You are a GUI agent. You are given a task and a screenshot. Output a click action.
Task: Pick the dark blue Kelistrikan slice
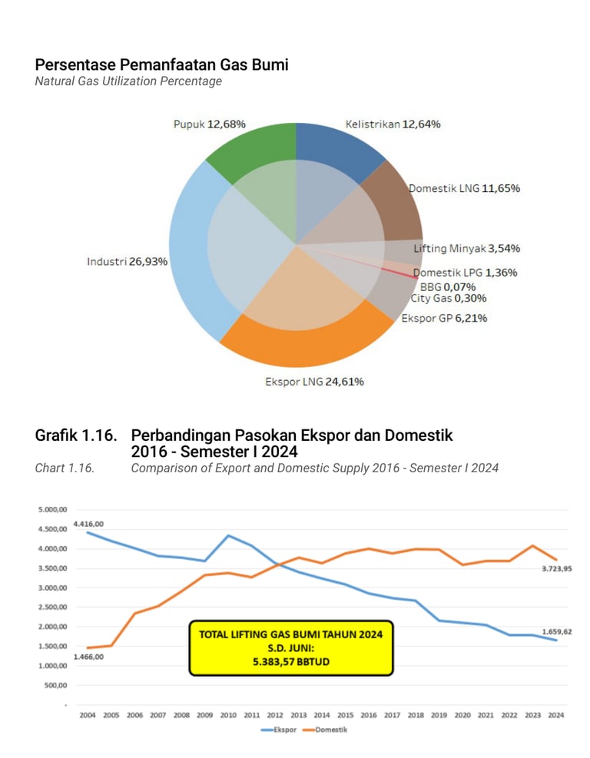(x=338, y=146)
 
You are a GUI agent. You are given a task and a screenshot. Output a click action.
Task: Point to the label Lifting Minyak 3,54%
(x=467, y=248)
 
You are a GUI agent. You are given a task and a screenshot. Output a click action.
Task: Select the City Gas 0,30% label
(x=448, y=298)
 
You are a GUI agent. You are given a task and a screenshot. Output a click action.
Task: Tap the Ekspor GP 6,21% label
(x=443, y=318)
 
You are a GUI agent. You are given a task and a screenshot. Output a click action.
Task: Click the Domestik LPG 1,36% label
(x=465, y=273)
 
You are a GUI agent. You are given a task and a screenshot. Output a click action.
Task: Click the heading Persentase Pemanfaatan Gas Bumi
(x=161, y=65)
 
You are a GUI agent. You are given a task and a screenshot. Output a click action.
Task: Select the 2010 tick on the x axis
(x=228, y=715)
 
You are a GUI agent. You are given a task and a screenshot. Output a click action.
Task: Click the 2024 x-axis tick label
(x=556, y=715)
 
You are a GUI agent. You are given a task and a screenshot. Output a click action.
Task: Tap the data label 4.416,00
(x=88, y=524)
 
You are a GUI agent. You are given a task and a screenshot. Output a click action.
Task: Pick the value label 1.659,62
(x=556, y=632)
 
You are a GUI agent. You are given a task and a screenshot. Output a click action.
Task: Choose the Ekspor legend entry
(x=279, y=730)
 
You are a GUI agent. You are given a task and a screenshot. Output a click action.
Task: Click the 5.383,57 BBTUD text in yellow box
(x=290, y=661)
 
